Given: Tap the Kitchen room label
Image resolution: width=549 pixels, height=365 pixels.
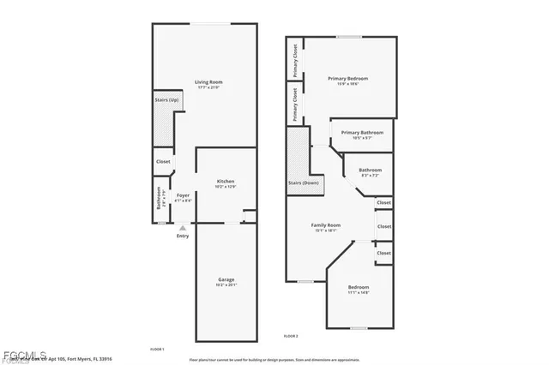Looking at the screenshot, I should pos(226,181).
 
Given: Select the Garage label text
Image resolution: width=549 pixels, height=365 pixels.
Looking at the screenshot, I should pos(226,280).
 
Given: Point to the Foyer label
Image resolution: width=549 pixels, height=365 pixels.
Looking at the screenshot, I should pos(183,195).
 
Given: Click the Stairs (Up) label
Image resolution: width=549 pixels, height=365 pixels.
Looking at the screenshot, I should pos(166,100).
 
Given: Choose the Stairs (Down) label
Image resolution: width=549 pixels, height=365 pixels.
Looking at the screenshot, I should pos(303,182).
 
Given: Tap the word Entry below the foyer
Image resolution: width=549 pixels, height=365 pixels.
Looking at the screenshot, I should pos(183,236).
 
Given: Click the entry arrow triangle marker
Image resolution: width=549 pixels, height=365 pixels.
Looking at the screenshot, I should pos(183,228).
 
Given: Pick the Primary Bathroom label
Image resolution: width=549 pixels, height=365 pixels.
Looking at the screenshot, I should pos(362,132).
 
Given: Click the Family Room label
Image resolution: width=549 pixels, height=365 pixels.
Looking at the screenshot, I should pos(326,225).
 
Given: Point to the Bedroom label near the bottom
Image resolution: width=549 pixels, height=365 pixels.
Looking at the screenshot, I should pos(359,286).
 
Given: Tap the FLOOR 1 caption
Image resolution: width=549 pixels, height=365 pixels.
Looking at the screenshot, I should pos(157,349).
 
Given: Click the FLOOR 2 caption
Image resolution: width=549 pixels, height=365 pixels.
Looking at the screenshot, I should pos(291,335).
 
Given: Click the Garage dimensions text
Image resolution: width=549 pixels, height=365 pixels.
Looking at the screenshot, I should pos(226,285).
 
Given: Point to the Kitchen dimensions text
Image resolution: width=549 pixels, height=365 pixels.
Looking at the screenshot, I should pos(226,186).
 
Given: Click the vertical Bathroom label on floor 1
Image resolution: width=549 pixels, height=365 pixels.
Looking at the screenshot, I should pos(159,201).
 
